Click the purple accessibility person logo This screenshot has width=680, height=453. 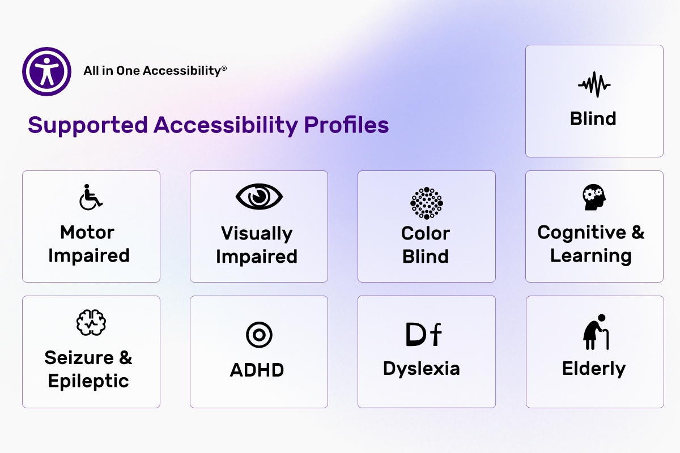point(46,71)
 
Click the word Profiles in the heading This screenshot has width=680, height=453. point(346,125)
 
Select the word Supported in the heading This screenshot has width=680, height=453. point(88,126)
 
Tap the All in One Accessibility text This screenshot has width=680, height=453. point(155,71)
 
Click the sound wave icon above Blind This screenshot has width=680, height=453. point(594,84)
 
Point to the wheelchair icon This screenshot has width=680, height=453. point(91,197)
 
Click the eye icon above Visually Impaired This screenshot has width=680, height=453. point(259,196)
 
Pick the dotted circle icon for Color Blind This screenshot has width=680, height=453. point(427,203)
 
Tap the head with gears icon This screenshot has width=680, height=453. point(594,197)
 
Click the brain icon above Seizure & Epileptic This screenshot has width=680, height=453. point(91,323)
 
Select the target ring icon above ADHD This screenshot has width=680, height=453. point(259,335)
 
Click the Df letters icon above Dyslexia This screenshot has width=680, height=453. point(423,334)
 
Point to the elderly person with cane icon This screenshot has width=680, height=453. point(596,332)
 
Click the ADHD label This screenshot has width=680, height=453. point(257,370)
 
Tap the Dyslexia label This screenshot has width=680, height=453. point(422,369)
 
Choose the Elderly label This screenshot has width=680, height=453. point(594,369)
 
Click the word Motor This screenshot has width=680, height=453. point(87,232)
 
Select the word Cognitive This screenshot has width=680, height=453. point(581,233)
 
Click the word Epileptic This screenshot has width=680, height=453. point(88,382)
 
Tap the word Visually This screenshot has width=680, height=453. point(257,234)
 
